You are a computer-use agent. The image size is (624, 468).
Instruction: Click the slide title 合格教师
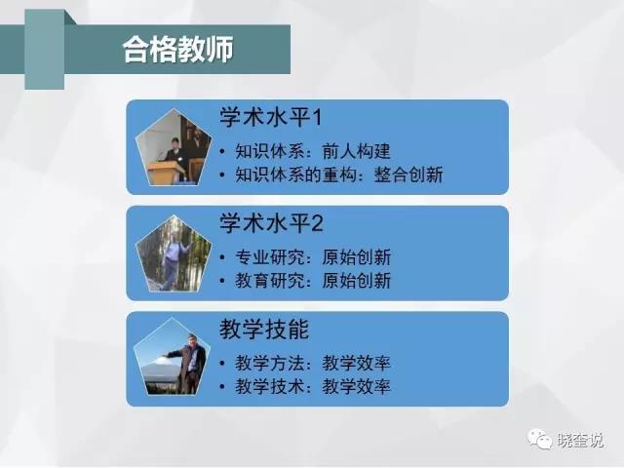pos(177,50)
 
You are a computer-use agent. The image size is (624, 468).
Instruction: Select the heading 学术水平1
pos(271,117)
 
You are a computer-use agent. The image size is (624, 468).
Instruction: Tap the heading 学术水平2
pos(271,223)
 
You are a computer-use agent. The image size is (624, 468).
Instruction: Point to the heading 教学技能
pos(264,330)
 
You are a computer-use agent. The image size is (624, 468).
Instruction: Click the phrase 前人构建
pos(356,151)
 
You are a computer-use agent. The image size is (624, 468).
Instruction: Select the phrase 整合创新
pos(409,175)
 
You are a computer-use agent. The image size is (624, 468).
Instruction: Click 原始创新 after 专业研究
pos(356,257)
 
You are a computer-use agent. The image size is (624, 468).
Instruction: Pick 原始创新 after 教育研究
pos(356,281)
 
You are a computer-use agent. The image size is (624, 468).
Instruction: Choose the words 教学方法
pos(269,363)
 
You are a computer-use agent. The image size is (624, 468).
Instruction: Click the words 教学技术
pos(269,386)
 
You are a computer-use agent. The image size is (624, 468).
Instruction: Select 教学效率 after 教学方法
pos(356,363)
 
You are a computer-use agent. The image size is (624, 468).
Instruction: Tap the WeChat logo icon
pos(539,439)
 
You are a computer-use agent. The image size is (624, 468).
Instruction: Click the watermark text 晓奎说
pos(580,440)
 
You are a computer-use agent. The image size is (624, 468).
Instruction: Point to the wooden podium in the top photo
pos(167,172)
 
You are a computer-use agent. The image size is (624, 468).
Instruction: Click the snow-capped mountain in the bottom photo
pos(159,366)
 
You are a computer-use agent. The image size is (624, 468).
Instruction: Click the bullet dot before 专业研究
pos(222,257)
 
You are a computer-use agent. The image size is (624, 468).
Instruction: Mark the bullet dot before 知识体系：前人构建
pos(222,152)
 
